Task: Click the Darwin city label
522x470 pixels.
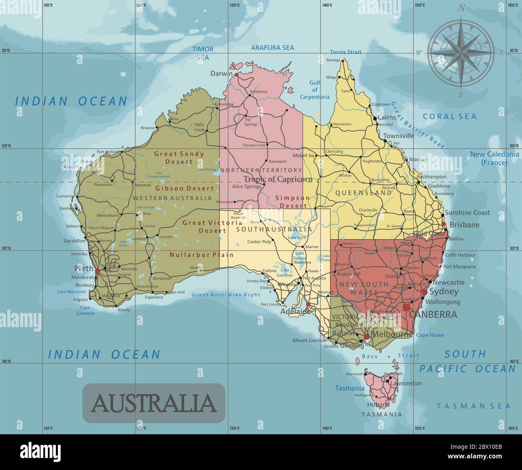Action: coord(221,74)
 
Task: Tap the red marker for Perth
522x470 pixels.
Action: coord(97,271)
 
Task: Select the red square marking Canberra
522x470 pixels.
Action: coord(406,307)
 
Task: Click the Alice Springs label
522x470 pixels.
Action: coord(247,186)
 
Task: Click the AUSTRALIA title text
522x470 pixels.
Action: coord(154,403)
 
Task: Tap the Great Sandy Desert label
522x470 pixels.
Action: coord(179,158)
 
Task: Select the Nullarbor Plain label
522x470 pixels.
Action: coord(202,255)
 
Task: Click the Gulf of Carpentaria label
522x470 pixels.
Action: coord(314,90)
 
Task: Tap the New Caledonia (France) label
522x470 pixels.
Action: coord(494,159)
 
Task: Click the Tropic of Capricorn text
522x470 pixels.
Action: coord(278,179)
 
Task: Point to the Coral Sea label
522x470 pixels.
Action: coord(449,116)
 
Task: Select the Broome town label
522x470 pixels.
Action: coord(147,128)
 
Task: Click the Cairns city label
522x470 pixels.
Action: coord(387,118)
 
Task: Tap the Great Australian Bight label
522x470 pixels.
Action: coord(226,295)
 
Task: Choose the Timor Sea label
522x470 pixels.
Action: coord(203,53)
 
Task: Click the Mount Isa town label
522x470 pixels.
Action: coord(303,155)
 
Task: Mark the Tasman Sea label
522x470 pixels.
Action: coord(473,406)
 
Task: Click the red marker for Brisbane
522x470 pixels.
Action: coord(444,224)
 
